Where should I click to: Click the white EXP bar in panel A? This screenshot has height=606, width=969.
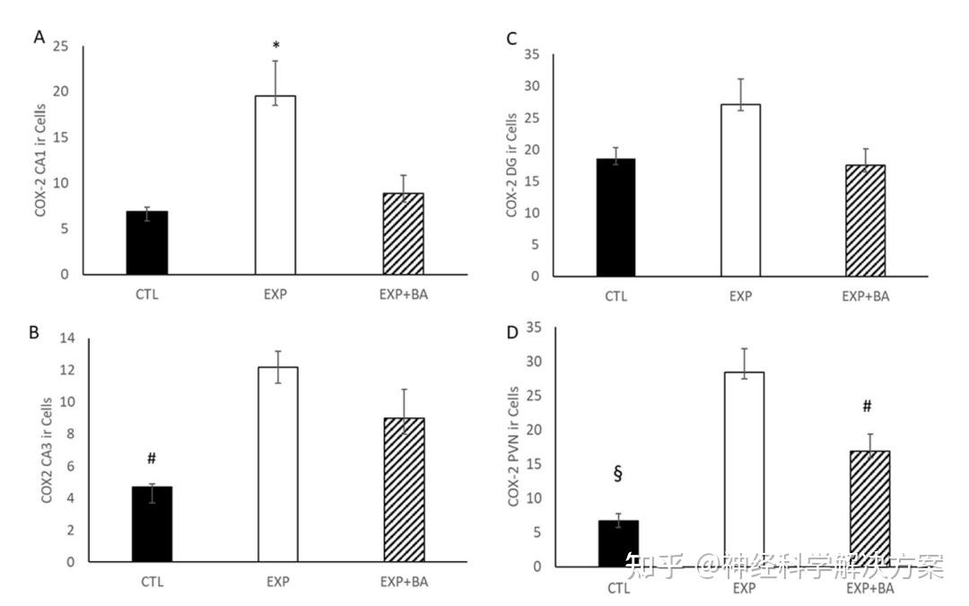[275, 184]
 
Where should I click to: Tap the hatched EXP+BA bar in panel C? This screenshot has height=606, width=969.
[865, 220]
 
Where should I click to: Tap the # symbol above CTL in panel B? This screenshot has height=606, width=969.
[152, 459]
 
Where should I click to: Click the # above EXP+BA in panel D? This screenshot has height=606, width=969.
[867, 407]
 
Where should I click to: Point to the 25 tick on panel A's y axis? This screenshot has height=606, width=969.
[62, 46]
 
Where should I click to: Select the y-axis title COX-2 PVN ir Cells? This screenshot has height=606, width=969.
[514, 445]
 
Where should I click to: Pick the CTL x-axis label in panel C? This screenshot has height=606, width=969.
[615, 297]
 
